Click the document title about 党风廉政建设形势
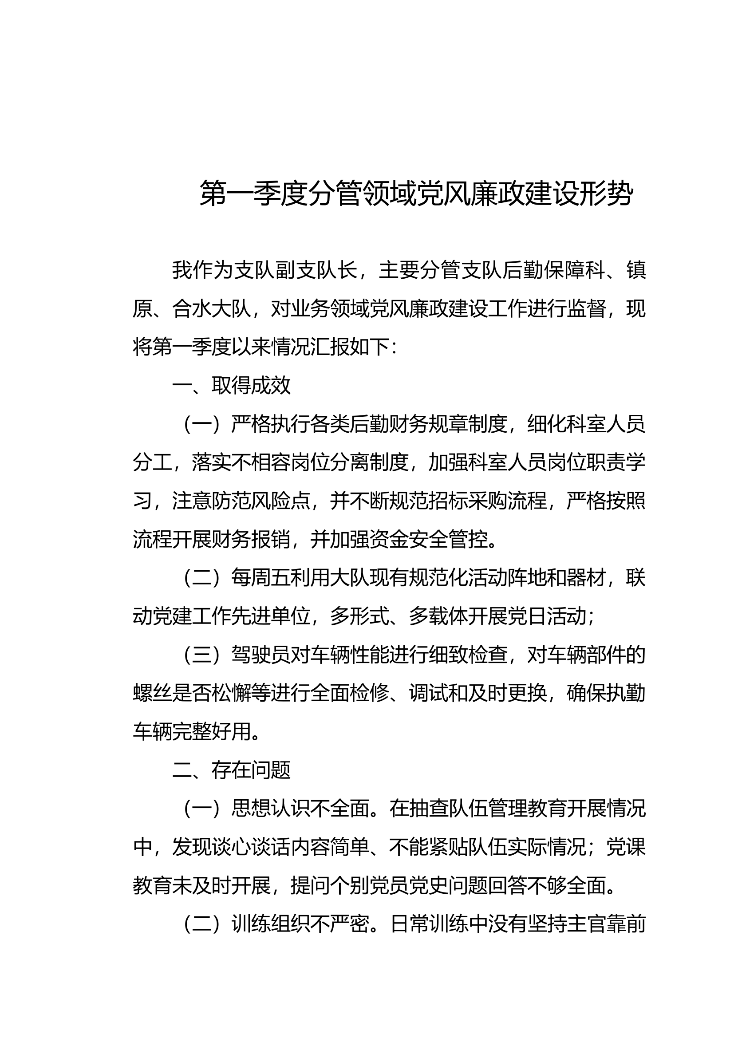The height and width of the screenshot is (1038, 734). click(x=416, y=193)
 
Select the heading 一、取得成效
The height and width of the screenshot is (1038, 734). click(x=231, y=386)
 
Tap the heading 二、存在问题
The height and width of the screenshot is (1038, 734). click(x=231, y=770)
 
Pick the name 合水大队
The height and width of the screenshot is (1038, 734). click(x=212, y=309)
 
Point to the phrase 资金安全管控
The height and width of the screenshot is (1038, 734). click(x=429, y=540)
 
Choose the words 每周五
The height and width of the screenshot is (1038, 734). click(x=261, y=578)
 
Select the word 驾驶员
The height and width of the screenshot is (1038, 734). click(x=261, y=655)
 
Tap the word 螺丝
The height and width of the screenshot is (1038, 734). click(x=153, y=694)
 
